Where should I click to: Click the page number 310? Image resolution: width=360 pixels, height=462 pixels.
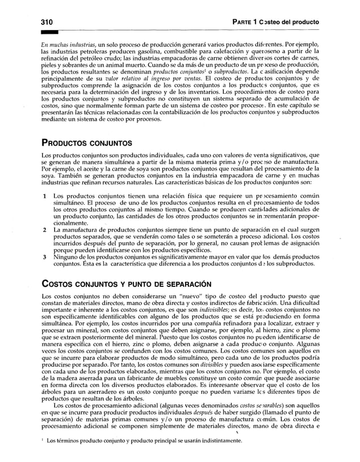point(47,21)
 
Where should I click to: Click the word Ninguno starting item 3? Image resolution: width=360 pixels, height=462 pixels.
point(65,257)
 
